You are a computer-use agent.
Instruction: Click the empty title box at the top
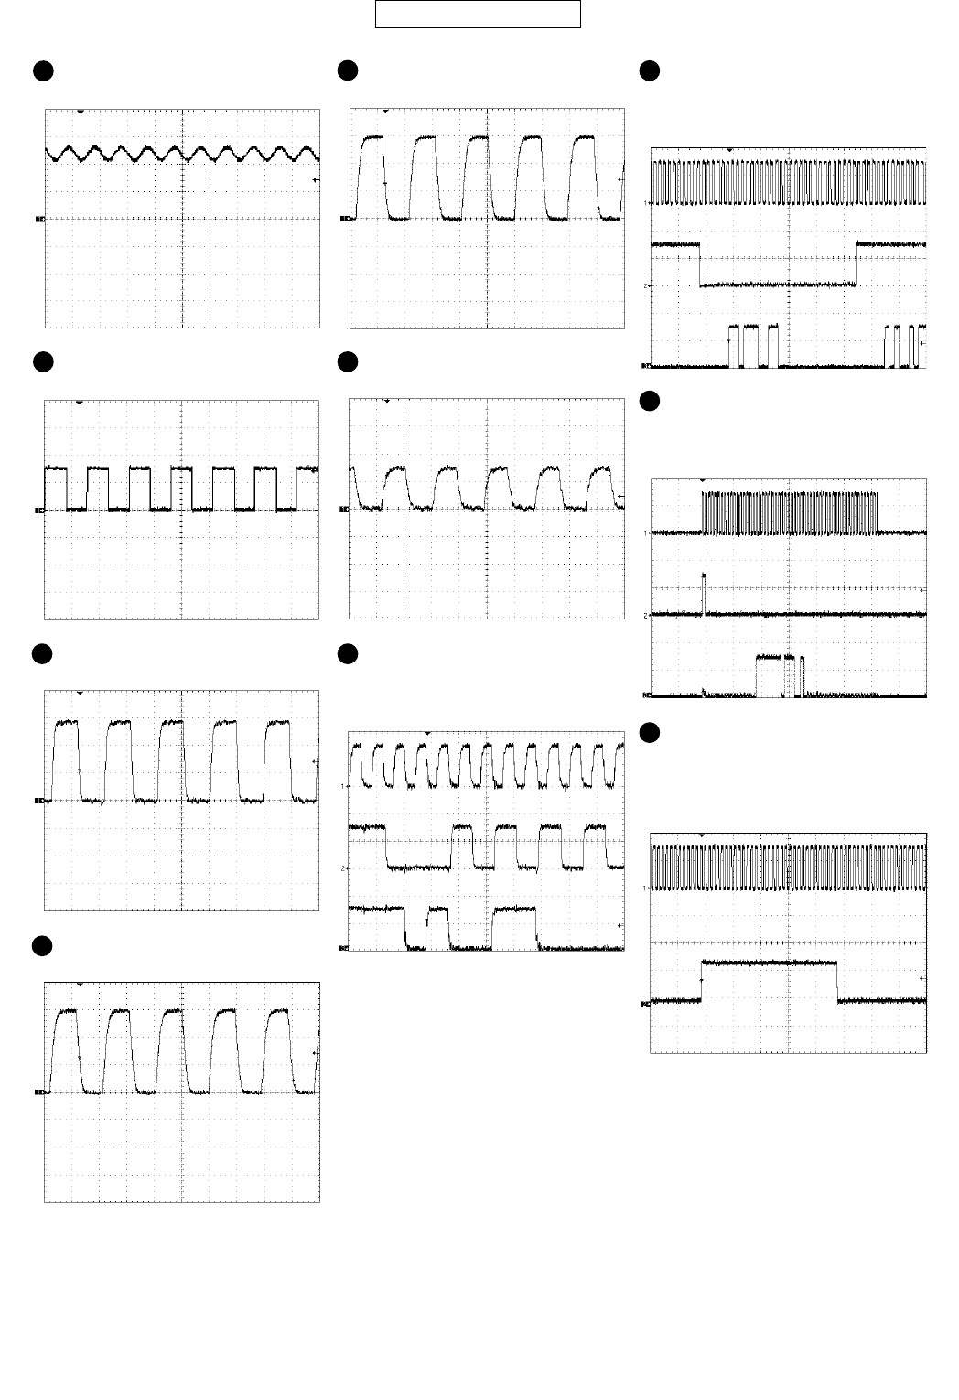pos(478,14)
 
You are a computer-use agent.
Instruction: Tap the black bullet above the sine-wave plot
pos(41,70)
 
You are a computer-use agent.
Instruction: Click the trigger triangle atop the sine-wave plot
pos(81,112)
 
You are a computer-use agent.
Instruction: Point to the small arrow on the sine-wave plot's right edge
pos(316,180)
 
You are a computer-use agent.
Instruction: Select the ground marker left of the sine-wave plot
pos(39,219)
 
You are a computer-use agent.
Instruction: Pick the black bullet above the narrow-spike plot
pos(648,401)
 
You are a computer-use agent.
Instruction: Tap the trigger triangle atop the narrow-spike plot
pos(703,479)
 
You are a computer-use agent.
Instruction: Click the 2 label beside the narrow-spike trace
pos(645,616)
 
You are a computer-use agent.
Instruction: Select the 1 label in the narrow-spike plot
pos(645,533)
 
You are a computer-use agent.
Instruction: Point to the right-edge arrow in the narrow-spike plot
pos(922,590)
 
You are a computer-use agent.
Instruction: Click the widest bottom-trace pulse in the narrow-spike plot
pos(770,675)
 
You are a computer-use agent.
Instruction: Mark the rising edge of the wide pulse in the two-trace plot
pos(701,981)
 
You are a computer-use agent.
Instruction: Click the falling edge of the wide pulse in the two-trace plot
pos(838,981)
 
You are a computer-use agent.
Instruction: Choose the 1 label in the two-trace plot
pos(645,888)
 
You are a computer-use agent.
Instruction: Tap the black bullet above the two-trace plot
pos(648,732)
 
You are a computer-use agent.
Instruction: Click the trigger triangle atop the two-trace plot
pos(703,835)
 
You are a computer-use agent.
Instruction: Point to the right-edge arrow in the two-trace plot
pos(922,977)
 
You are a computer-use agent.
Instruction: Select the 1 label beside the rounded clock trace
pos(345,786)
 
